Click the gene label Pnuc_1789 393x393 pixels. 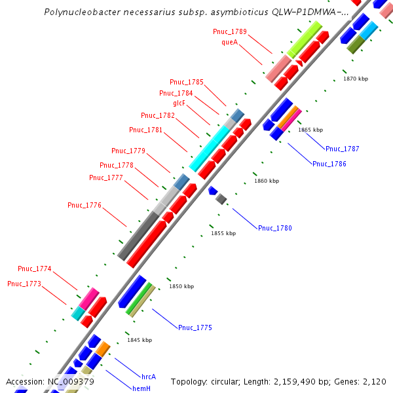[230, 31]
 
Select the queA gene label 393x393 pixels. [229, 42]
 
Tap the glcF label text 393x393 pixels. [183, 103]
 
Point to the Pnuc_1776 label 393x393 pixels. [84, 206]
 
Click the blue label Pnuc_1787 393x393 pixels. [342, 149]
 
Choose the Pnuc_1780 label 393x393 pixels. [274, 228]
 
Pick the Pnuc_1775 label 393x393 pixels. [195, 327]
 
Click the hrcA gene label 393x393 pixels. [149, 377]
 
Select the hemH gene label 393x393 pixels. [142, 388]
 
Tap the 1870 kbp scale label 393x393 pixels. [356, 79]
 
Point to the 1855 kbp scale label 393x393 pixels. [223, 233]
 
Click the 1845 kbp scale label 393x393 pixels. [140, 340]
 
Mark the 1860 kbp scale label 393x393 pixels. [267, 181]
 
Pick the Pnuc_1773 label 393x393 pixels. [24, 284]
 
